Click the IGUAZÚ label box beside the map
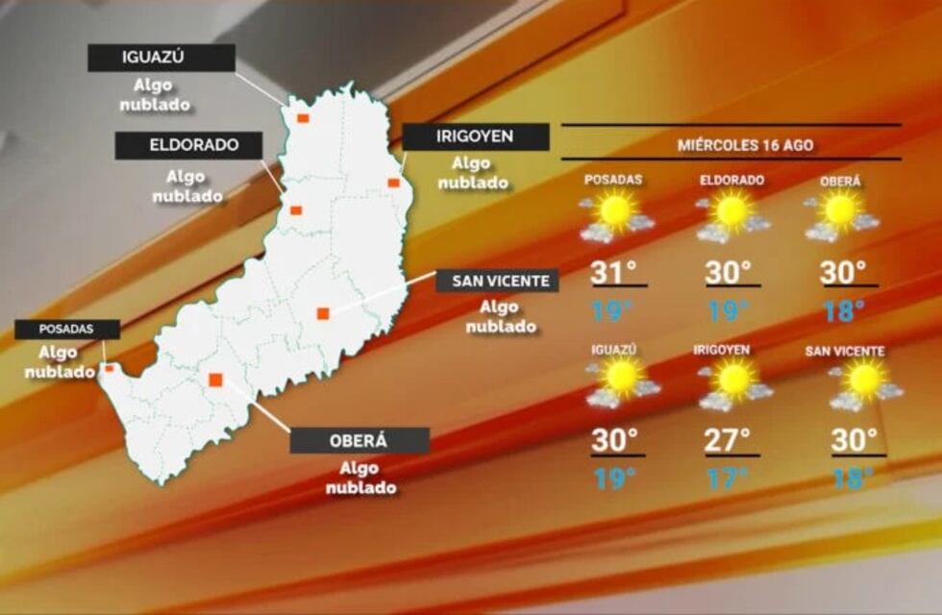[161, 58]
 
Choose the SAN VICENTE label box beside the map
[497, 281]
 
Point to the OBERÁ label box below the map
[359, 441]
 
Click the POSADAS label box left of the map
[66, 329]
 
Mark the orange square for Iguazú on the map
[303, 118]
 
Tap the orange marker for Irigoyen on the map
[393, 182]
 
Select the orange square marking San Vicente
[323, 312]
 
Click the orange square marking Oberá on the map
[215, 380]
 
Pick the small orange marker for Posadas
[109, 367]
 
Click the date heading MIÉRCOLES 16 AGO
[731, 145]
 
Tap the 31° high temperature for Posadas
[614, 273]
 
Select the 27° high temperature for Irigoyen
[729, 440]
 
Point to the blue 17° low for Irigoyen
[728, 478]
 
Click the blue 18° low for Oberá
[844, 310]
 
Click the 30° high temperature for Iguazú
[615, 440]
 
